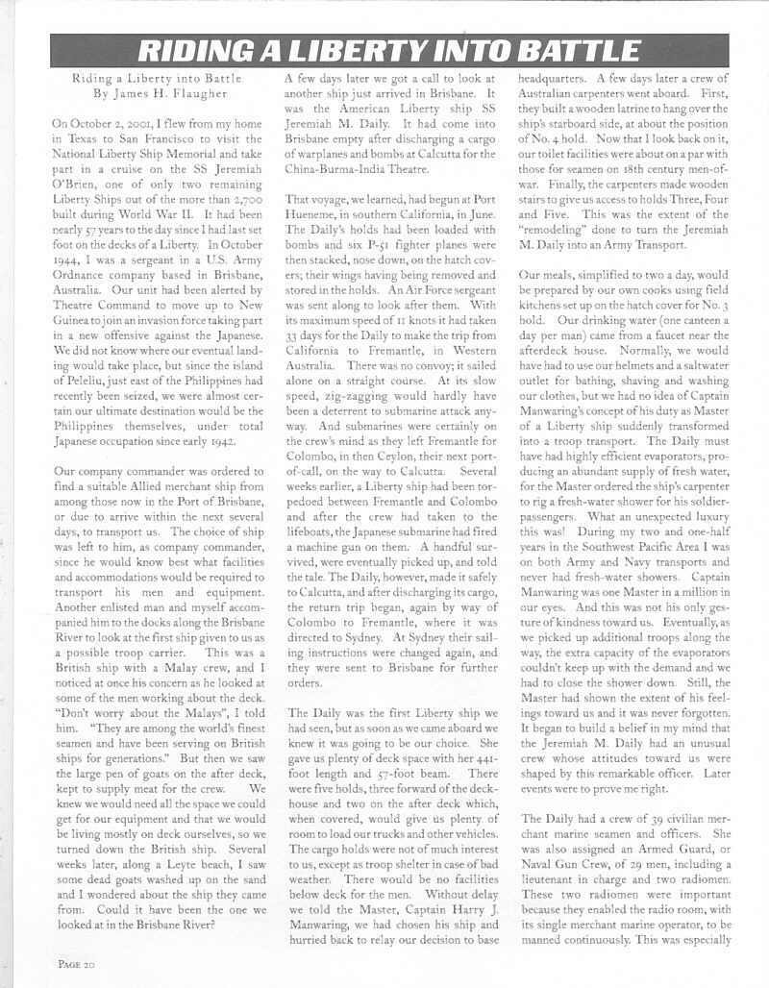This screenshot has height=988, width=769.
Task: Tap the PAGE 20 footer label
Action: pyautogui.click(x=74, y=963)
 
